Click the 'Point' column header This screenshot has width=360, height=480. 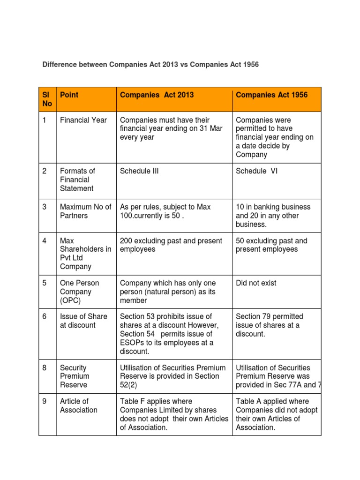(x=69, y=95)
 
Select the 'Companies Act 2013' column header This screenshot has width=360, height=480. (x=157, y=95)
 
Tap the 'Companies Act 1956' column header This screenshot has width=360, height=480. (x=272, y=95)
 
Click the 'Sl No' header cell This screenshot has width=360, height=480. (x=47, y=99)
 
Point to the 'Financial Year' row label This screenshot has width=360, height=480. (x=83, y=120)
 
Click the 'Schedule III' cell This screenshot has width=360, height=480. (x=139, y=171)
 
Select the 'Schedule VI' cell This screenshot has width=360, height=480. (x=257, y=171)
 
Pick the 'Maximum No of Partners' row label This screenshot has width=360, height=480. (x=86, y=211)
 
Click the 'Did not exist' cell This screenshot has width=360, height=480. (x=256, y=283)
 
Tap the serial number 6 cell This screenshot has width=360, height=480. (x=45, y=317)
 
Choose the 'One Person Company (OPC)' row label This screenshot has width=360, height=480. (x=79, y=292)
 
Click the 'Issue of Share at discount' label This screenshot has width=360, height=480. (x=83, y=321)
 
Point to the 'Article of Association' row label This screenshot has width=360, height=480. (x=79, y=406)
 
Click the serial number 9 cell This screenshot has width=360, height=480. (x=45, y=402)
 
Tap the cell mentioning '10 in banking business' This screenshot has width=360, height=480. (x=273, y=216)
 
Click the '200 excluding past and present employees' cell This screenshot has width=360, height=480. (x=171, y=245)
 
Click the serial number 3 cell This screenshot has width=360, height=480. (x=45, y=207)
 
